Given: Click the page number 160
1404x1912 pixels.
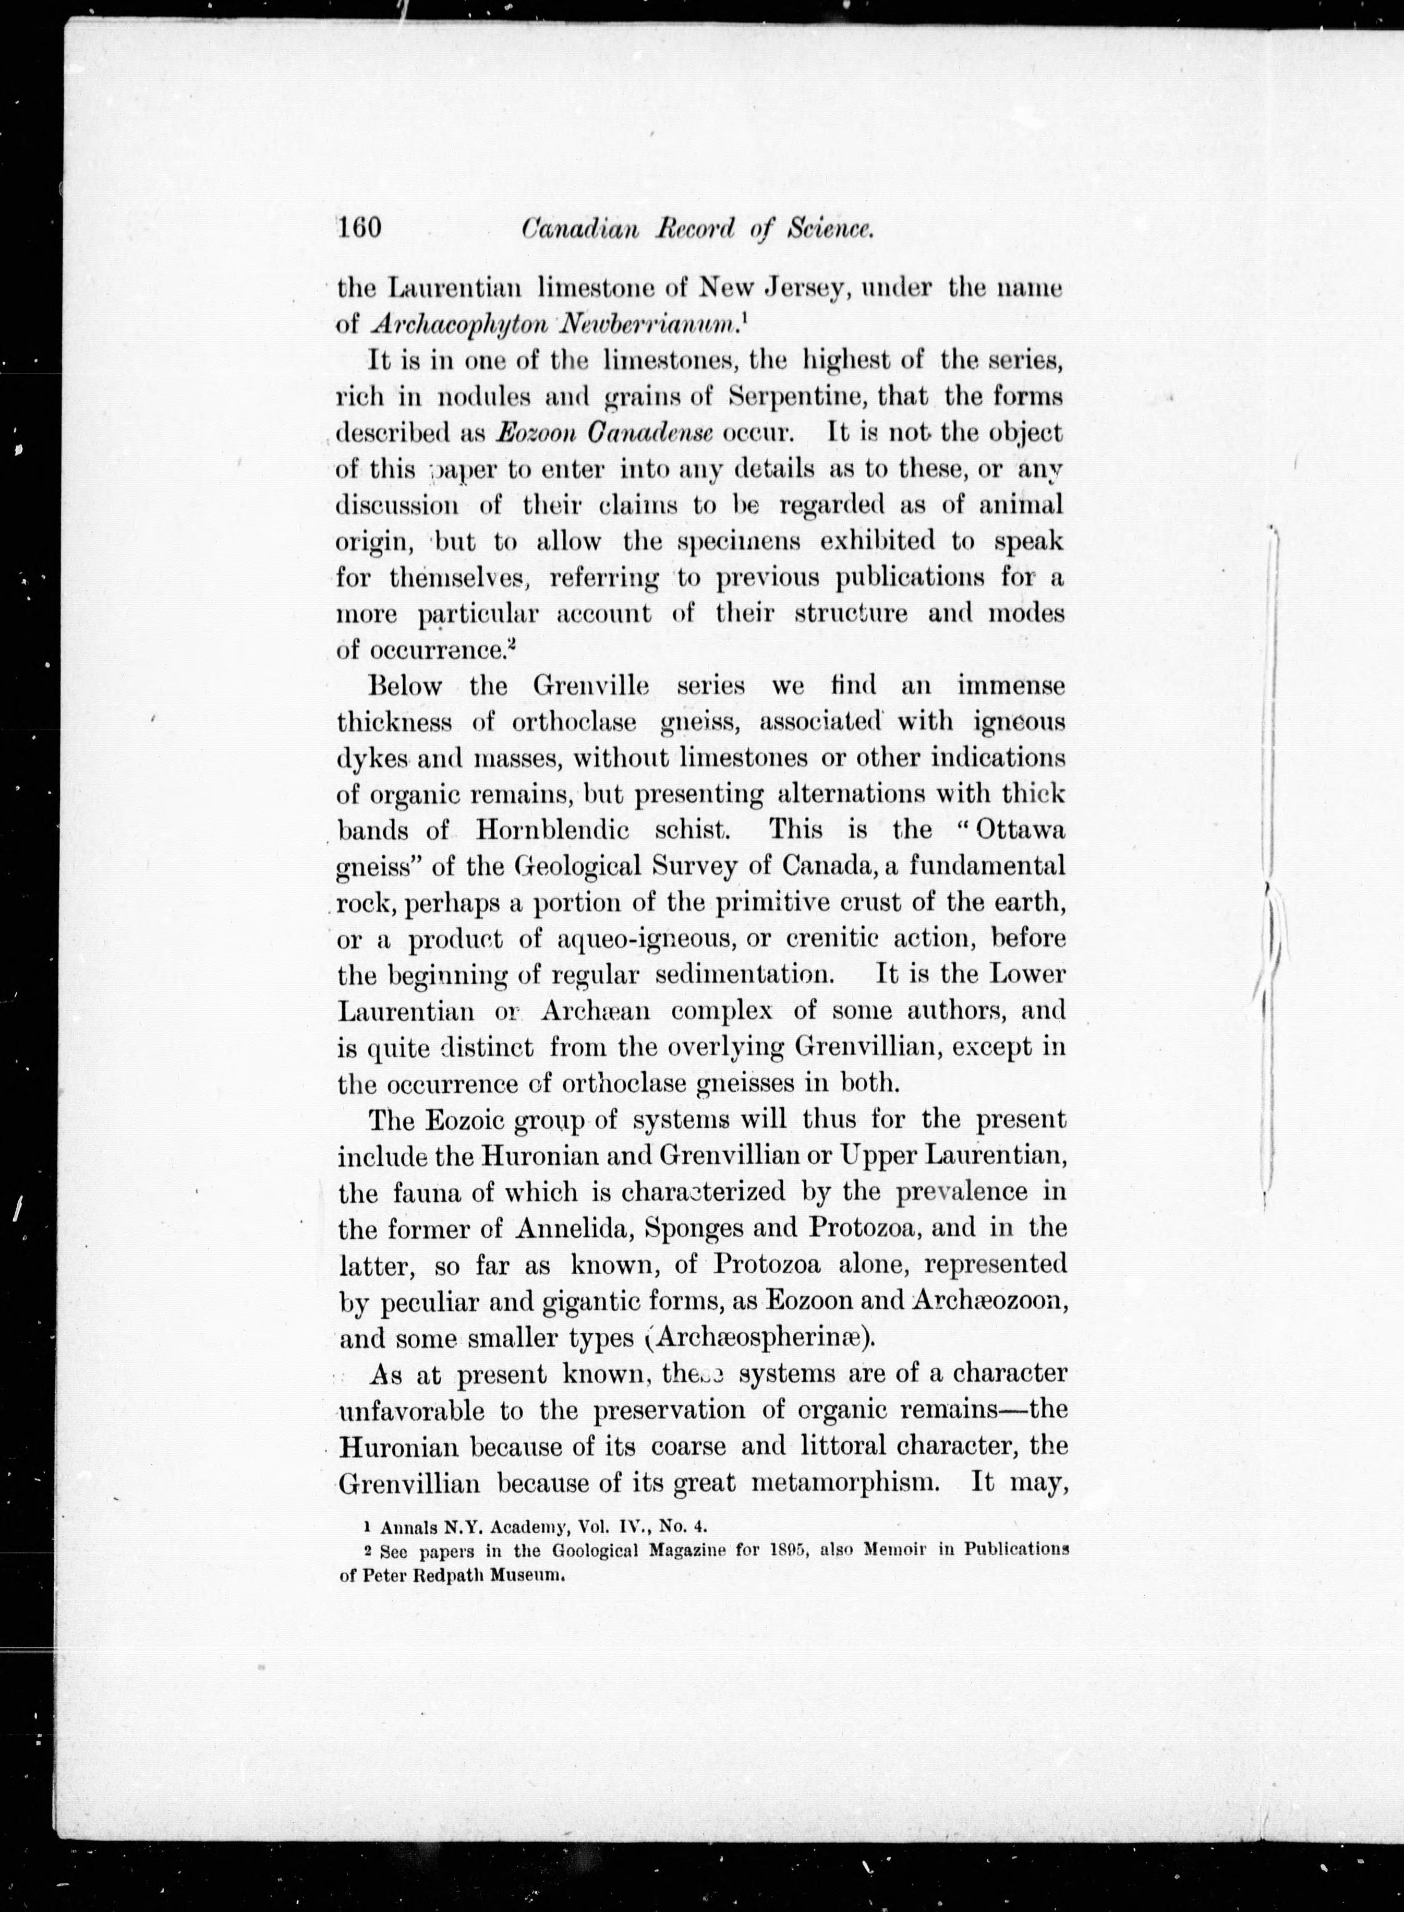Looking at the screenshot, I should click(x=360, y=229).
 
